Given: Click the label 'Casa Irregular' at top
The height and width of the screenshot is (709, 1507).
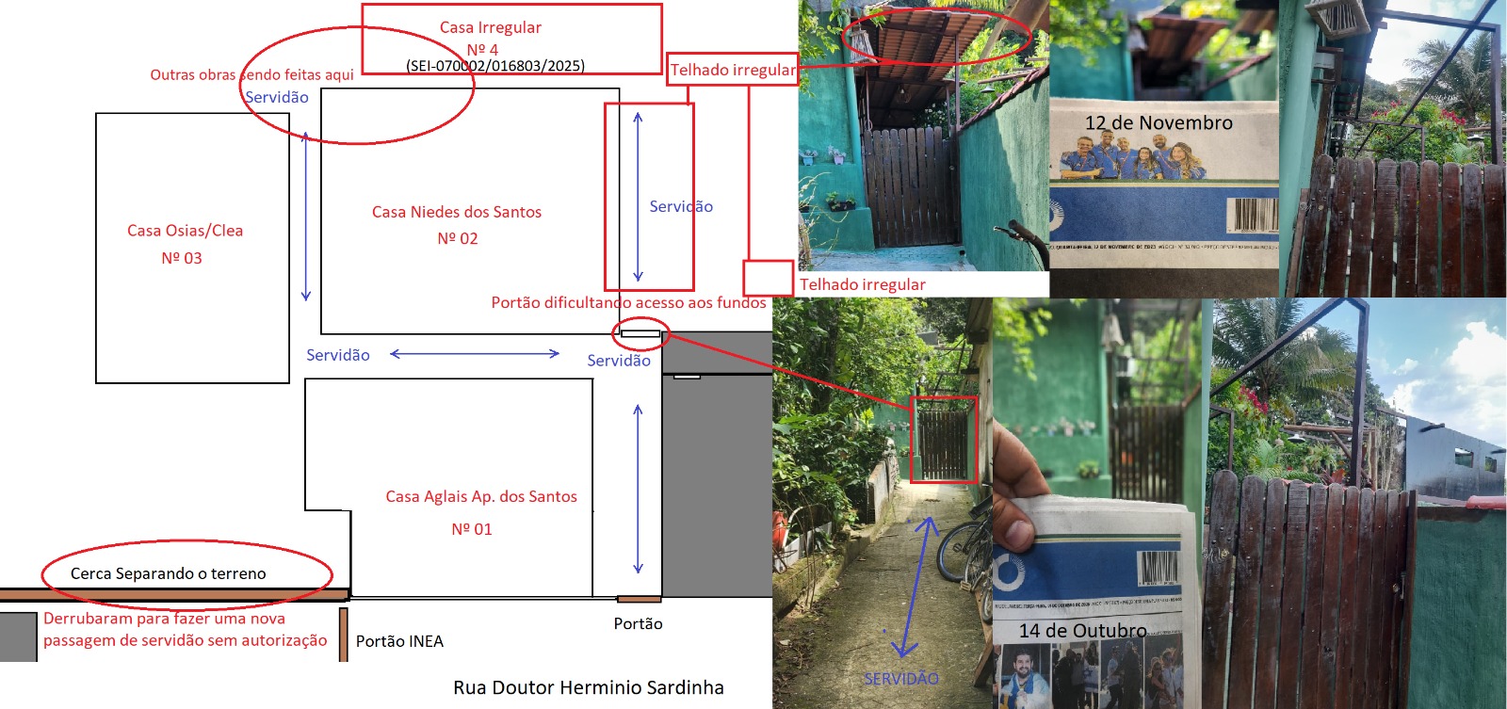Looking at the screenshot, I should tap(490, 27).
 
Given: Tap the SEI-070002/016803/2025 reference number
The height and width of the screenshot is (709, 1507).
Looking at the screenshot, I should tap(495, 66).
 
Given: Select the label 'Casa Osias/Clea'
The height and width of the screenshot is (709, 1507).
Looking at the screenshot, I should tap(185, 231).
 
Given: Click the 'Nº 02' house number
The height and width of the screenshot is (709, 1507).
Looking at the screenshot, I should tap(458, 239).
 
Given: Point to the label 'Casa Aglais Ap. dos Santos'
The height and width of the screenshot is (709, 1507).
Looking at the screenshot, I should tap(481, 496).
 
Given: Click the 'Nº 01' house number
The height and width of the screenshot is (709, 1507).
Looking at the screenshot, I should tap(472, 529).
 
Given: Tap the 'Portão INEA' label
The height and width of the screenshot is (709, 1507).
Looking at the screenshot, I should tap(399, 641).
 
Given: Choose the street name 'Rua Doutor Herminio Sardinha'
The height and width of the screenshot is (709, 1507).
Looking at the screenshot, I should tap(589, 687).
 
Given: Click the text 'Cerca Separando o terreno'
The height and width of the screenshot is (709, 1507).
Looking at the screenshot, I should tap(169, 573).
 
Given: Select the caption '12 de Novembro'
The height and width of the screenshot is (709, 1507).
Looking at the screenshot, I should tap(1159, 123).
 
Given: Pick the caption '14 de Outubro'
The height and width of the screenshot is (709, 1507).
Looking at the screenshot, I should tap(1083, 631).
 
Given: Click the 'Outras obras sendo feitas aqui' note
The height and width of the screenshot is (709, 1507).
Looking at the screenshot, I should tap(251, 75).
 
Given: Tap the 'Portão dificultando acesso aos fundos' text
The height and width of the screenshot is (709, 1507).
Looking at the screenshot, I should tap(628, 302).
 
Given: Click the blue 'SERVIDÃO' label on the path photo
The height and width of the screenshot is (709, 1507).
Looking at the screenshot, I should tap(900, 678).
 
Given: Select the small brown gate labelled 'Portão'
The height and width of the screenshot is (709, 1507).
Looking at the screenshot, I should tap(639, 599).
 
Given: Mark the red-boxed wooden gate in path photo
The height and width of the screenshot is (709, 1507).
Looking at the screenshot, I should tap(943, 440).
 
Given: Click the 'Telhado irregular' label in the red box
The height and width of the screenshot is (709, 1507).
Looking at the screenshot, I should tap(733, 70).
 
